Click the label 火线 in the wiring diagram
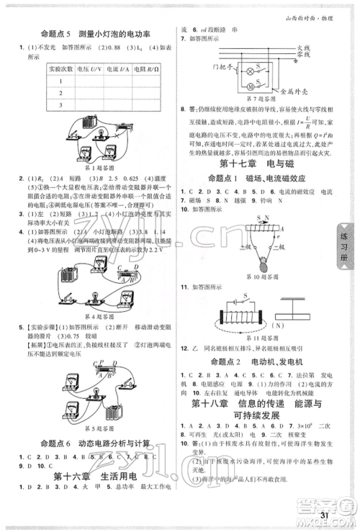(305, 47)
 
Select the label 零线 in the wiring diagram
(305, 55)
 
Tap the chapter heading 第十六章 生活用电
(94, 476)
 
